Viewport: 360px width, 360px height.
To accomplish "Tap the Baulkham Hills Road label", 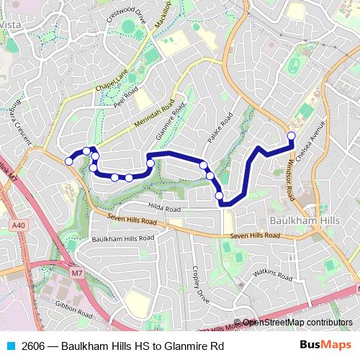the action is (x=122, y=238).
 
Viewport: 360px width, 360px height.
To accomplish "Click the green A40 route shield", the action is (x=20, y=226).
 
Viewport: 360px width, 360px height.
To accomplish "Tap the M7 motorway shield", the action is (x=77, y=273).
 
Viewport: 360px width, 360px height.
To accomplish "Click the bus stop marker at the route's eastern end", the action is (x=292, y=135).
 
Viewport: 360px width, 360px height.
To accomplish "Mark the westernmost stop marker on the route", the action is (x=68, y=161).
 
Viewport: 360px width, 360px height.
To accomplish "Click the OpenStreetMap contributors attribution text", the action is (x=297, y=323).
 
